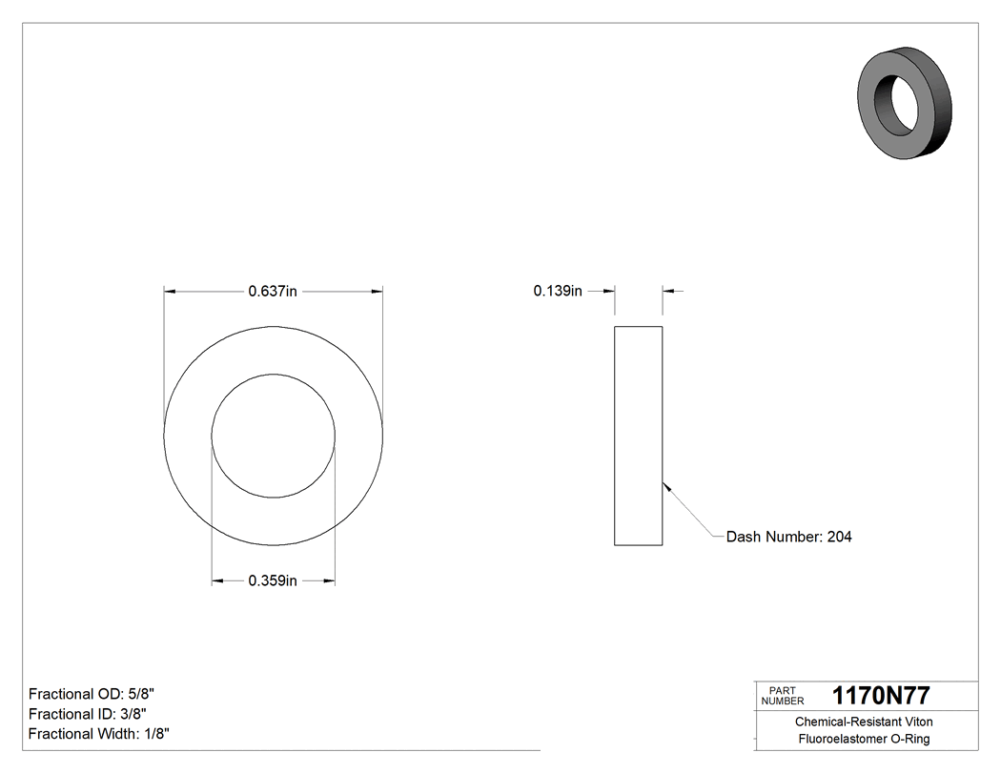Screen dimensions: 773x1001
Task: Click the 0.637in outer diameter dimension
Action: (x=273, y=292)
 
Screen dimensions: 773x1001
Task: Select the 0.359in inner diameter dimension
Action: (x=273, y=580)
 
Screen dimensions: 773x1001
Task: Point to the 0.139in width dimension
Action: (x=558, y=292)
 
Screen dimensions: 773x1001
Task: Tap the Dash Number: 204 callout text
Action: (x=788, y=537)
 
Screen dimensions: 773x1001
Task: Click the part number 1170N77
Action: (x=881, y=696)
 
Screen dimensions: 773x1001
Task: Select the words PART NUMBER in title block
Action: (x=783, y=696)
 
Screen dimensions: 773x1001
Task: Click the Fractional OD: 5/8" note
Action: (x=91, y=694)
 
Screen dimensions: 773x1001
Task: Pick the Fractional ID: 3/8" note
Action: (x=87, y=714)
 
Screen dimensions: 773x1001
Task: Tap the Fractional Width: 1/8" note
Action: (x=99, y=734)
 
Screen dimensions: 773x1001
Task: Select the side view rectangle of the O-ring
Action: (x=638, y=436)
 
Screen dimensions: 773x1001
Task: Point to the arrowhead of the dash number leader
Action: (x=665, y=484)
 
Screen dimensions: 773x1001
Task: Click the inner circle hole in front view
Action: (x=273, y=436)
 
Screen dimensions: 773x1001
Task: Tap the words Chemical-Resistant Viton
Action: (x=864, y=722)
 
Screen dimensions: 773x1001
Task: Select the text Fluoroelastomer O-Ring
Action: (x=864, y=740)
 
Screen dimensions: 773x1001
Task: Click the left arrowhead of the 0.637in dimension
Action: (x=170, y=292)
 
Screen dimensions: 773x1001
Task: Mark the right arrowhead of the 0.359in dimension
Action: (x=329, y=580)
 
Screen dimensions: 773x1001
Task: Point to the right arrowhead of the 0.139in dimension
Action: (x=668, y=292)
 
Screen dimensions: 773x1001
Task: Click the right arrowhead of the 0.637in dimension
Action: (x=378, y=292)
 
